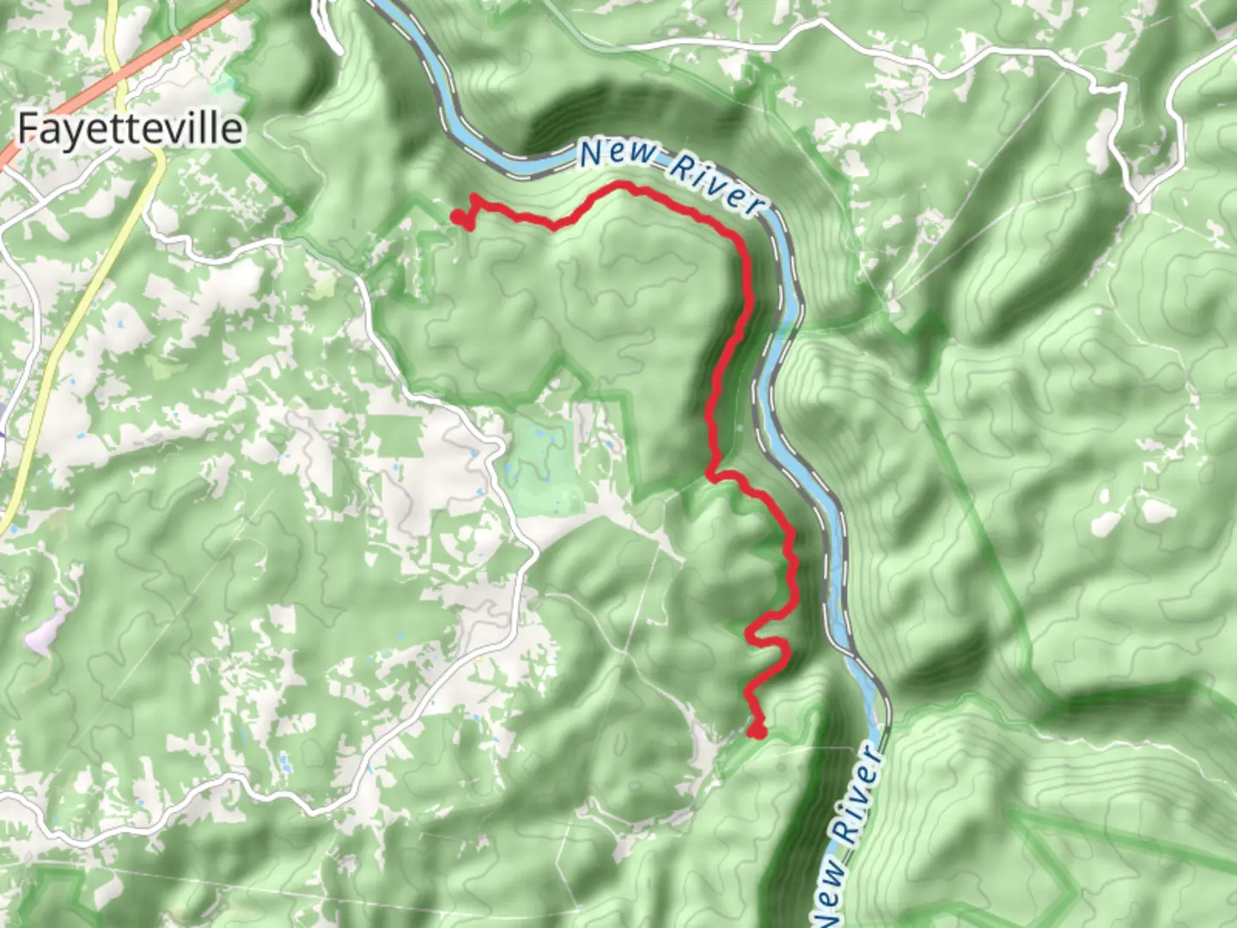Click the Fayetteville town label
(130, 129)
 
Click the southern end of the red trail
(756, 731)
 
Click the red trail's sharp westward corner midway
(710, 472)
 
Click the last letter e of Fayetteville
(231, 129)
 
